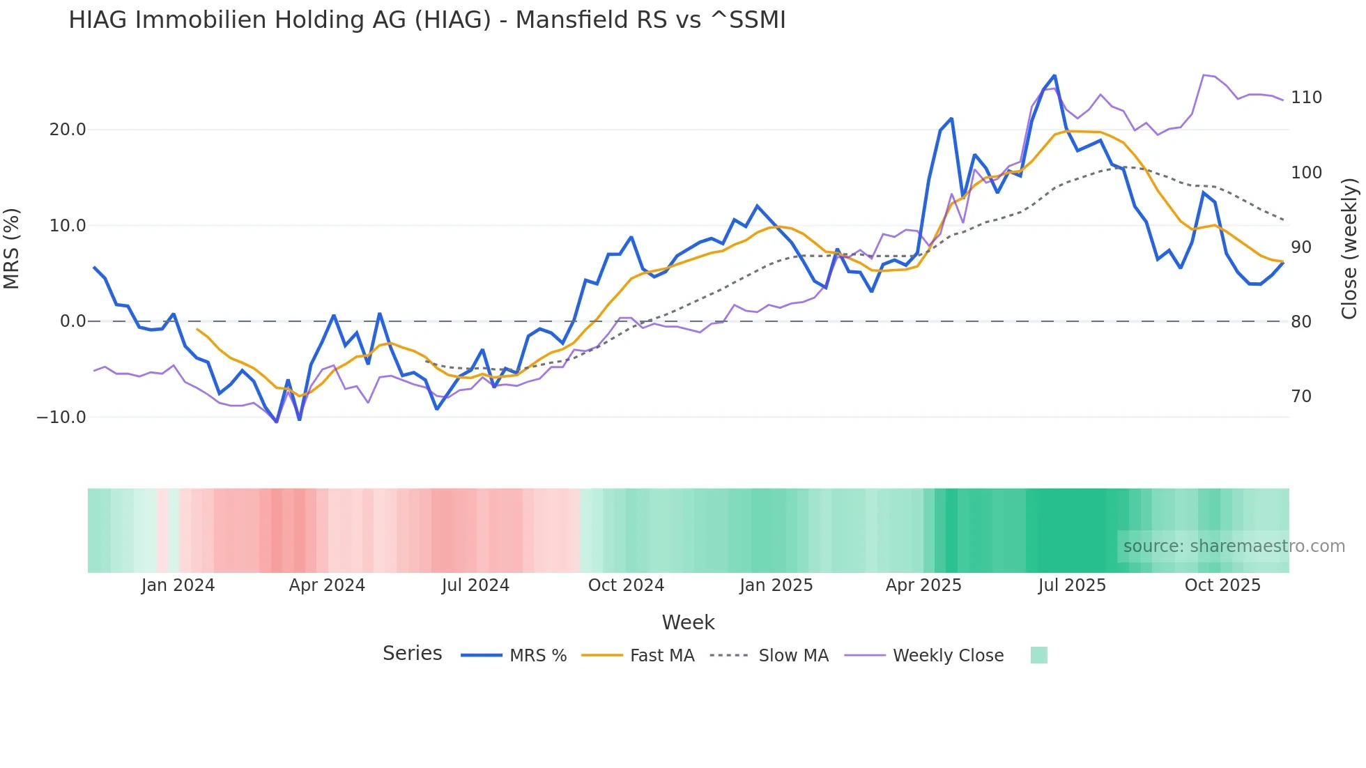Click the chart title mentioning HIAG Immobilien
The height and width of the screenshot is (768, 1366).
[427, 20]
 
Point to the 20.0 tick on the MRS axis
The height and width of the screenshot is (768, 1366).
[68, 130]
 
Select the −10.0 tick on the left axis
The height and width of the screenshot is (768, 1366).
[61, 417]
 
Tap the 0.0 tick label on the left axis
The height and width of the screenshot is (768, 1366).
[72, 321]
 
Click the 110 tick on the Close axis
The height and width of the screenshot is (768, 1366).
[1306, 98]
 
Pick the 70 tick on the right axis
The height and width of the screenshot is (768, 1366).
[1301, 397]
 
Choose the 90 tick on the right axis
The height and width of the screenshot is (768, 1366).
[1301, 247]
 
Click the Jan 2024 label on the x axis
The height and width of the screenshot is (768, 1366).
[178, 585]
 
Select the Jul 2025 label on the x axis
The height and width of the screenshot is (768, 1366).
[1072, 585]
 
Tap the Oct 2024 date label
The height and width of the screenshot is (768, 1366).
[626, 585]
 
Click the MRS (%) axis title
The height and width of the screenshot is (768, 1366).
[12, 248]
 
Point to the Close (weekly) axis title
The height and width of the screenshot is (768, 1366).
[1349, 248]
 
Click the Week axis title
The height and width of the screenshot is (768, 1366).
[688, 622]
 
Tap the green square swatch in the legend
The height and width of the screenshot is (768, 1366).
[1038, 655]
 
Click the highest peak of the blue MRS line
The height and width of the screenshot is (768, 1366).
[1054, 75]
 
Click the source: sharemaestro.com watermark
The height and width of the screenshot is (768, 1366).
[1234, 546]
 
